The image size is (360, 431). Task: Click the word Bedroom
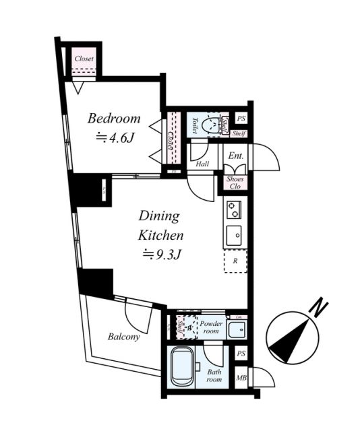(x=114, y=119)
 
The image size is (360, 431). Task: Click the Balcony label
(x=124, y=337)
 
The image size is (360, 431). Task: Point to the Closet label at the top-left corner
(x=84, y=59)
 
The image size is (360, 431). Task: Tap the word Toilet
(x=194, y=125)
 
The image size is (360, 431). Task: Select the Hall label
(x=202, y=164)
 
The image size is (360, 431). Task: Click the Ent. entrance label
(x=236, y=156)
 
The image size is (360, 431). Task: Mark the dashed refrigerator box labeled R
(x=235, y=261)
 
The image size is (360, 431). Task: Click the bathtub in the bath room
(x=182, y=368)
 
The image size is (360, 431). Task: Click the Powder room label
(x=211, y=327)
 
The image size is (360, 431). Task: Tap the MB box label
(x=241, y=378)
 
